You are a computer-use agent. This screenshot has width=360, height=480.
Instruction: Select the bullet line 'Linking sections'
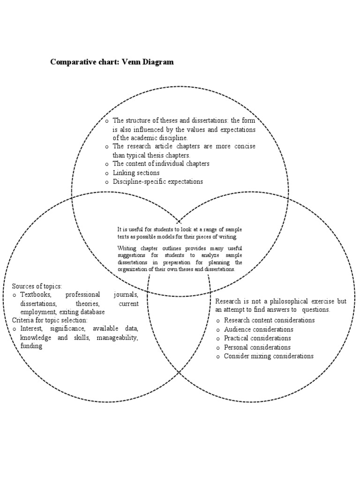[136, 173]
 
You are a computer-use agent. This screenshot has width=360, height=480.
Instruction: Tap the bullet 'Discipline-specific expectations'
[157, 182]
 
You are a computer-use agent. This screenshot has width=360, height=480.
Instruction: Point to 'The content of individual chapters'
[161, 164]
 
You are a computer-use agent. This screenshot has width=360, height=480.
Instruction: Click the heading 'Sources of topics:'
[37, 286]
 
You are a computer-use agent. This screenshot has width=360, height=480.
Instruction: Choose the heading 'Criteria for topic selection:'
[50, 320]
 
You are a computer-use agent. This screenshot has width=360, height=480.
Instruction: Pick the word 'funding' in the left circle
[31, 346]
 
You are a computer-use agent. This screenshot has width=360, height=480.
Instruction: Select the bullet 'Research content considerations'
[269, 320]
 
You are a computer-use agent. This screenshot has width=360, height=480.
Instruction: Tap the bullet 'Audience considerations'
[257, 329]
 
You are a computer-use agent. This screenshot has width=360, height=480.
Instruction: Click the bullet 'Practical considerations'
[257, 338]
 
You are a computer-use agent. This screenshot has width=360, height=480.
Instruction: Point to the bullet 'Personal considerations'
[257, 347]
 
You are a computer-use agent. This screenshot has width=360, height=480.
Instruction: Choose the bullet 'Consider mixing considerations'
[268, 356]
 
